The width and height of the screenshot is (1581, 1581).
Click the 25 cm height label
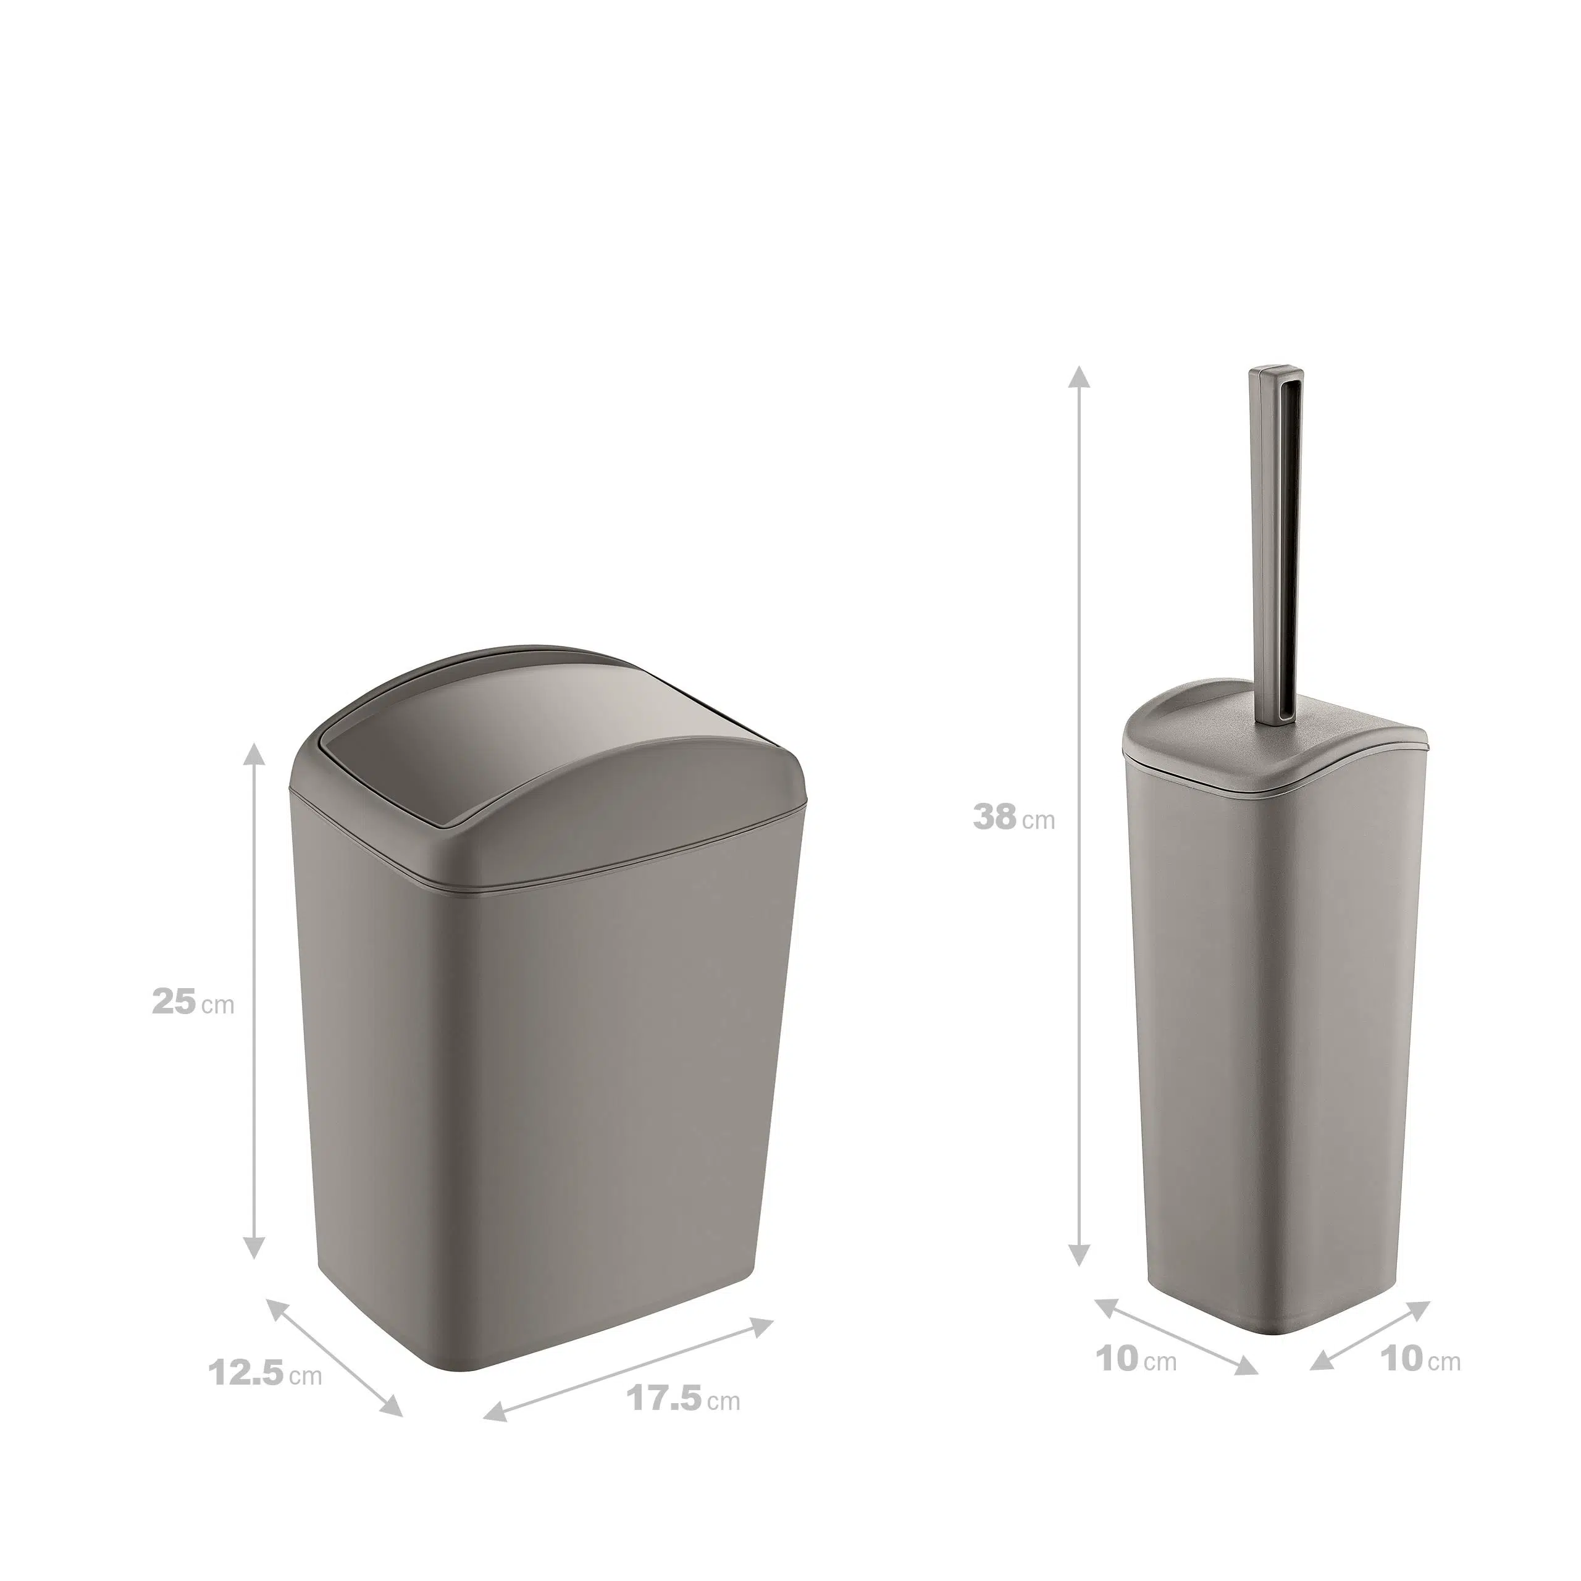(193, 1002)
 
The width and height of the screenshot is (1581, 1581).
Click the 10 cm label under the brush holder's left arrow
(1136, 1359)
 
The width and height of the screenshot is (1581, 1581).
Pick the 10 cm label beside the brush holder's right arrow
(1420, 1359)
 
